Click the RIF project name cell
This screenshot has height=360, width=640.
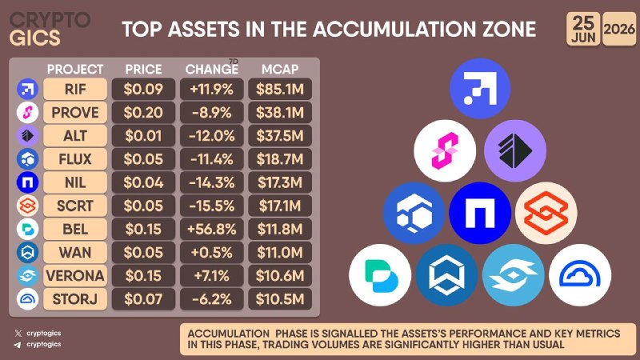pyautogui.click(x=75, y=89)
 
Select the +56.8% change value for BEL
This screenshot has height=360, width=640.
pyautogui.click(x=211, y=229)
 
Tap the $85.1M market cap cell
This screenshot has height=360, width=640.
pyautogui.click(x=280, y=89)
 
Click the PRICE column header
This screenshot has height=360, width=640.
pyautogui.click(x=143, y=70)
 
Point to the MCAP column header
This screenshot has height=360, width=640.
pyautogui.click(x=280, y=70)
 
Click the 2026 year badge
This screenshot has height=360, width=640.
pyautogui.click(x=619, y=29)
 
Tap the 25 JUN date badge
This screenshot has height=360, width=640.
pyautogui.click(x=583, y=29)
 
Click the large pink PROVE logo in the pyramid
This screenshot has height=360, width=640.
pyautogui.click(x=445, y=150)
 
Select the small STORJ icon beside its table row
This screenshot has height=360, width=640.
pyautogui.click(x=28, y=299)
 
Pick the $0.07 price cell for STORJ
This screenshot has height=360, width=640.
pyautogui.click(x=143, y=299)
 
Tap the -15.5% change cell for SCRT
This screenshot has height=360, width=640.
pyautogui.click(x=211, y=206)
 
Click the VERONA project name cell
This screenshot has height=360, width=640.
pyautogui.click(x=75, y=276)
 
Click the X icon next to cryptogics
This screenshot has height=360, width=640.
pyautogui.click(x=18, y=334)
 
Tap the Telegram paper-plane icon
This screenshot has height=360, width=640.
pyautogui.click(x=18, y=345)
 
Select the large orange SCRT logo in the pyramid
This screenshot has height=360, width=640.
pyautogui.click(x=546, y=213)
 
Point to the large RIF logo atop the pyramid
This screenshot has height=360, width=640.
pyautogui.click(x=480, y=89)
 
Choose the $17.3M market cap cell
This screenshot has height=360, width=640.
pyautogui.click(x=280, y=182)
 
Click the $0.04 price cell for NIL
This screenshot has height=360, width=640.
pyautogui.click(x=143, y=182)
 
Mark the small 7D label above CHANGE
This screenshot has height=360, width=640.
pyautogui.click(x=234, y=62)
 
